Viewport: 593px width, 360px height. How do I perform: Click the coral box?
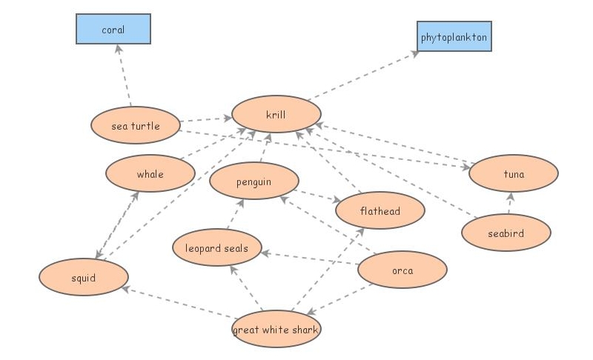pos(113,30)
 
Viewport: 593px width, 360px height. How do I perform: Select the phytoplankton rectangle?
pos(454,36)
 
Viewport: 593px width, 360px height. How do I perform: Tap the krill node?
pos(276,115)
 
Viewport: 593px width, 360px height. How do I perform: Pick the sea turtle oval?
pos(136,126)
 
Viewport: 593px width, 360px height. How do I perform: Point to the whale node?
pos(150,174)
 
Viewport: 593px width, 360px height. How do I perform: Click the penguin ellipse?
pos(254,181)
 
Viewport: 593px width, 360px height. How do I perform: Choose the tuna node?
pos(513,174)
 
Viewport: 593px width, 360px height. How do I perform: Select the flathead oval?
pos(380,211)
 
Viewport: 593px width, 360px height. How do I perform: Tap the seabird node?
pos(506,233)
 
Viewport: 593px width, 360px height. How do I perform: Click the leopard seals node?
pos(216,248)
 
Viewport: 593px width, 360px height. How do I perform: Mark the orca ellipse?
pos(402,270)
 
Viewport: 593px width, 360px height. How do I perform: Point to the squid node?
pos(84,278)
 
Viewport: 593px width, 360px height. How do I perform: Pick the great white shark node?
pos(276,330)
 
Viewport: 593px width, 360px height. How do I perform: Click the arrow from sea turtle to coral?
pos(124,76)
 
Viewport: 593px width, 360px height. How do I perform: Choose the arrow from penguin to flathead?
pos(317,196)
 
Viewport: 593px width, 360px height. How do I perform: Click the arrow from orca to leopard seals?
pos(310,259)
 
